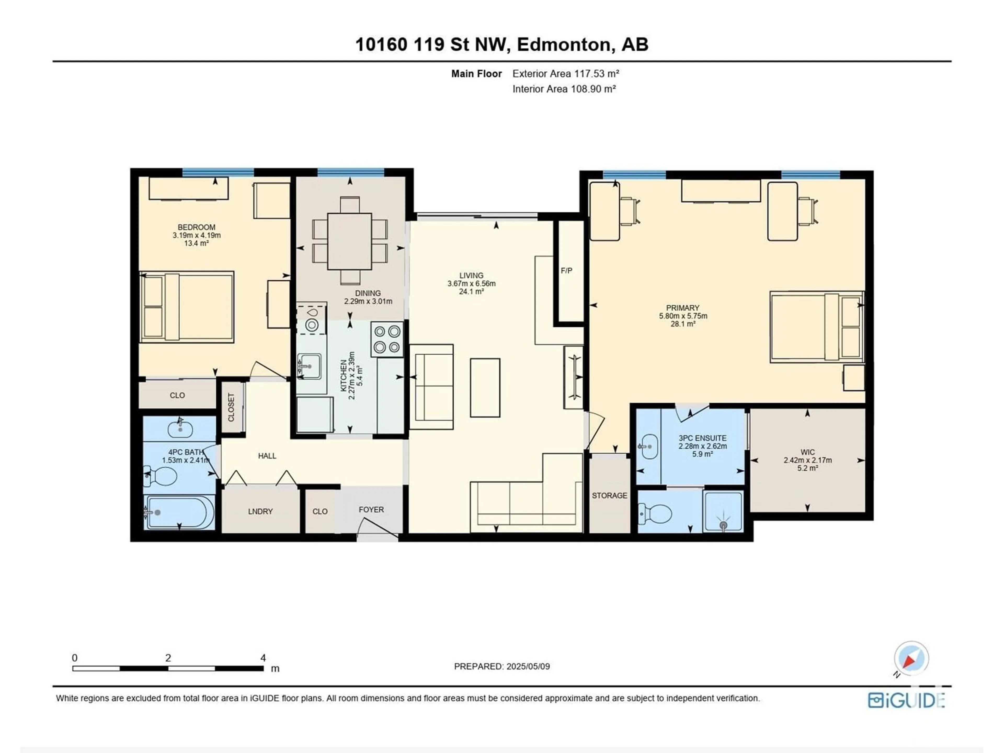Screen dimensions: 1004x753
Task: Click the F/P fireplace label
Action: coord(567,271)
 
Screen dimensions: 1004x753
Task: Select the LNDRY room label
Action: coord(260,511)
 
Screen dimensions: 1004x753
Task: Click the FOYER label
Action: coord(371,510)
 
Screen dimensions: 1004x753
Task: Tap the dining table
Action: coord(350,242)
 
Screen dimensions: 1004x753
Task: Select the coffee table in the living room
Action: coord(485,388)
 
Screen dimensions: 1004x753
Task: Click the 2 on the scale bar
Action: coord(168,658)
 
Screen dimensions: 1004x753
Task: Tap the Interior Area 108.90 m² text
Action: coord(564,89)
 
